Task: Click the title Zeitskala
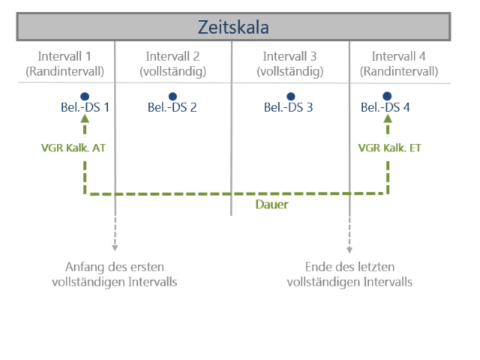click(233, 27)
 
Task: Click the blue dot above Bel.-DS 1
click(85, 97)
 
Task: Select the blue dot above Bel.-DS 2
click(172, 97)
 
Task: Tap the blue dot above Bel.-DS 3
click(291, 97)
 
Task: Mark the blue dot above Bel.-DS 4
click(387, 96)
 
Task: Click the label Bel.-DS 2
click(172, 107)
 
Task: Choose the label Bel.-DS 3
click(288, 107)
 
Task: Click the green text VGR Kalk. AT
click(73, 148)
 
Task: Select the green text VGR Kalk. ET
click(390, 148)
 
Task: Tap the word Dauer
click(271, 205)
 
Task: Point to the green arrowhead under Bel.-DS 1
click(85, 118)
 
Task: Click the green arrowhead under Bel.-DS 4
click(388, 118)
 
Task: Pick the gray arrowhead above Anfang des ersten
click(115, 248)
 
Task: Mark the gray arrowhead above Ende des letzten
click(349, 250)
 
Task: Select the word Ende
click(318, 267)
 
